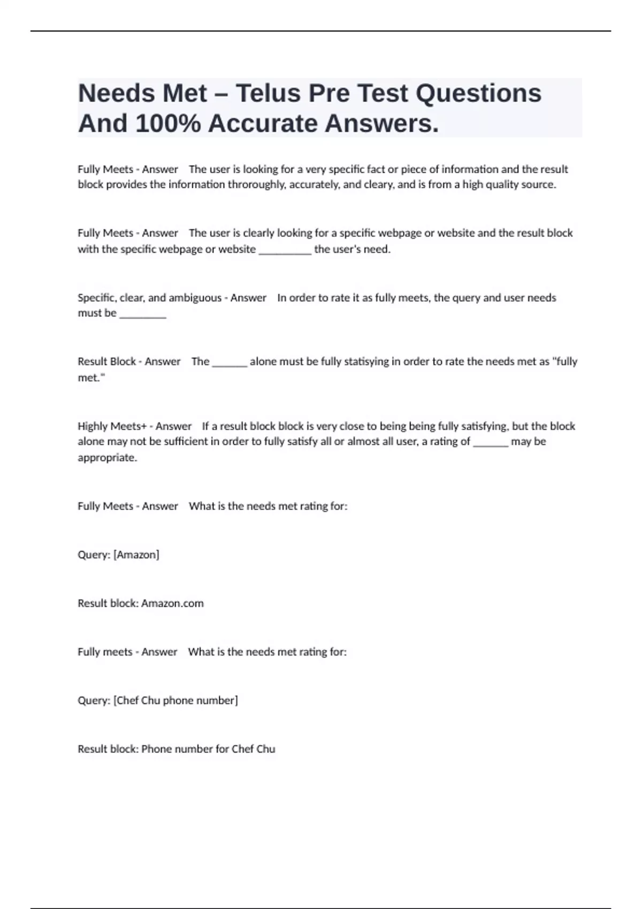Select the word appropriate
click(107, 458)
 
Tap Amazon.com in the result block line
click(172, 603)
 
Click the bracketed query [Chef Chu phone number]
click(175, 700)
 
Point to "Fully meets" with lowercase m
click(105, 652)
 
